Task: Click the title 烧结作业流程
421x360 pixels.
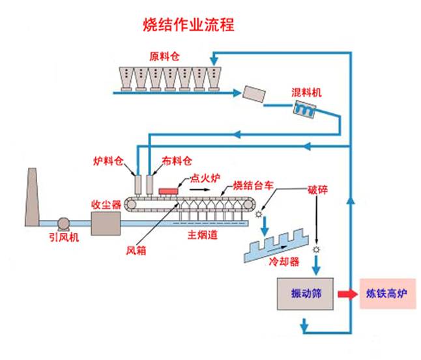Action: pyautogui.click(x=188, y=25)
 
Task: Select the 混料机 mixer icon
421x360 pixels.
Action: pyautogui.click(x=304, y=111)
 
